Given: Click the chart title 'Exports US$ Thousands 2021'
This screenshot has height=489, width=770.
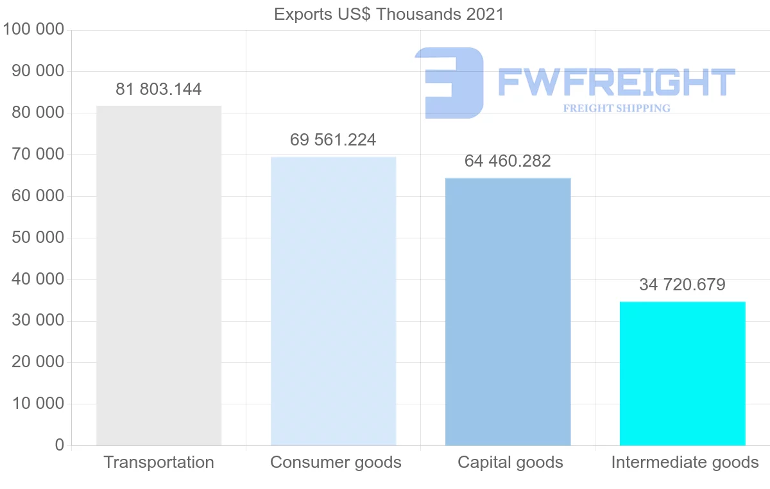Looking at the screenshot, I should coord(389,13).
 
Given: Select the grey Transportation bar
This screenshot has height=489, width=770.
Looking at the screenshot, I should coord(158,276).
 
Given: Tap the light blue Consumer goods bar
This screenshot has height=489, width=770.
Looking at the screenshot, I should coord(333,301).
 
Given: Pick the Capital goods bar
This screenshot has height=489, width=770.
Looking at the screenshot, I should coord(508,311).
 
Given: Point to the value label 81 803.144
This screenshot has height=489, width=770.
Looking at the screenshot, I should coord(158,90).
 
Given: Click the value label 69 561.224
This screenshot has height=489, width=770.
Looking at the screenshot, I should coord(333,140).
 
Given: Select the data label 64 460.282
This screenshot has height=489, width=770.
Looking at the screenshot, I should coord(508,161).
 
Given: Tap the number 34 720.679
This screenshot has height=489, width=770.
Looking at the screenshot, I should coord(682,285).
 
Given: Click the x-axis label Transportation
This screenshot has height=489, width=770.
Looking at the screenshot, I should coord(158,462).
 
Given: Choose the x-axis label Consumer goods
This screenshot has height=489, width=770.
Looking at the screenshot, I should coord(336,462).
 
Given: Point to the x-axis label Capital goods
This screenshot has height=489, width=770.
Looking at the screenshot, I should coord(510,462).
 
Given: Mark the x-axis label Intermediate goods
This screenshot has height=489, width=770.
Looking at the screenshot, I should coord(685,462).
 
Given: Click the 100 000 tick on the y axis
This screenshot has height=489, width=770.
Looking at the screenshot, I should coord(33,29).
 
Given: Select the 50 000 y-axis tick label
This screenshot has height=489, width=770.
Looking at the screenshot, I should coord(38,238).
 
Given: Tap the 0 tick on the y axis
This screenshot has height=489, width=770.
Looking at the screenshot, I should coord(60,445).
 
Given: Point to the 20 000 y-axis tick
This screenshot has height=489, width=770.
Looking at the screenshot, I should coord(38,362).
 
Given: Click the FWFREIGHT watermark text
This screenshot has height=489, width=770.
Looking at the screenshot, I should coord(616,82).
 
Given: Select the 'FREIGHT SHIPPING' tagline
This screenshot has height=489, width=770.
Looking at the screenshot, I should coord(617,108).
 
